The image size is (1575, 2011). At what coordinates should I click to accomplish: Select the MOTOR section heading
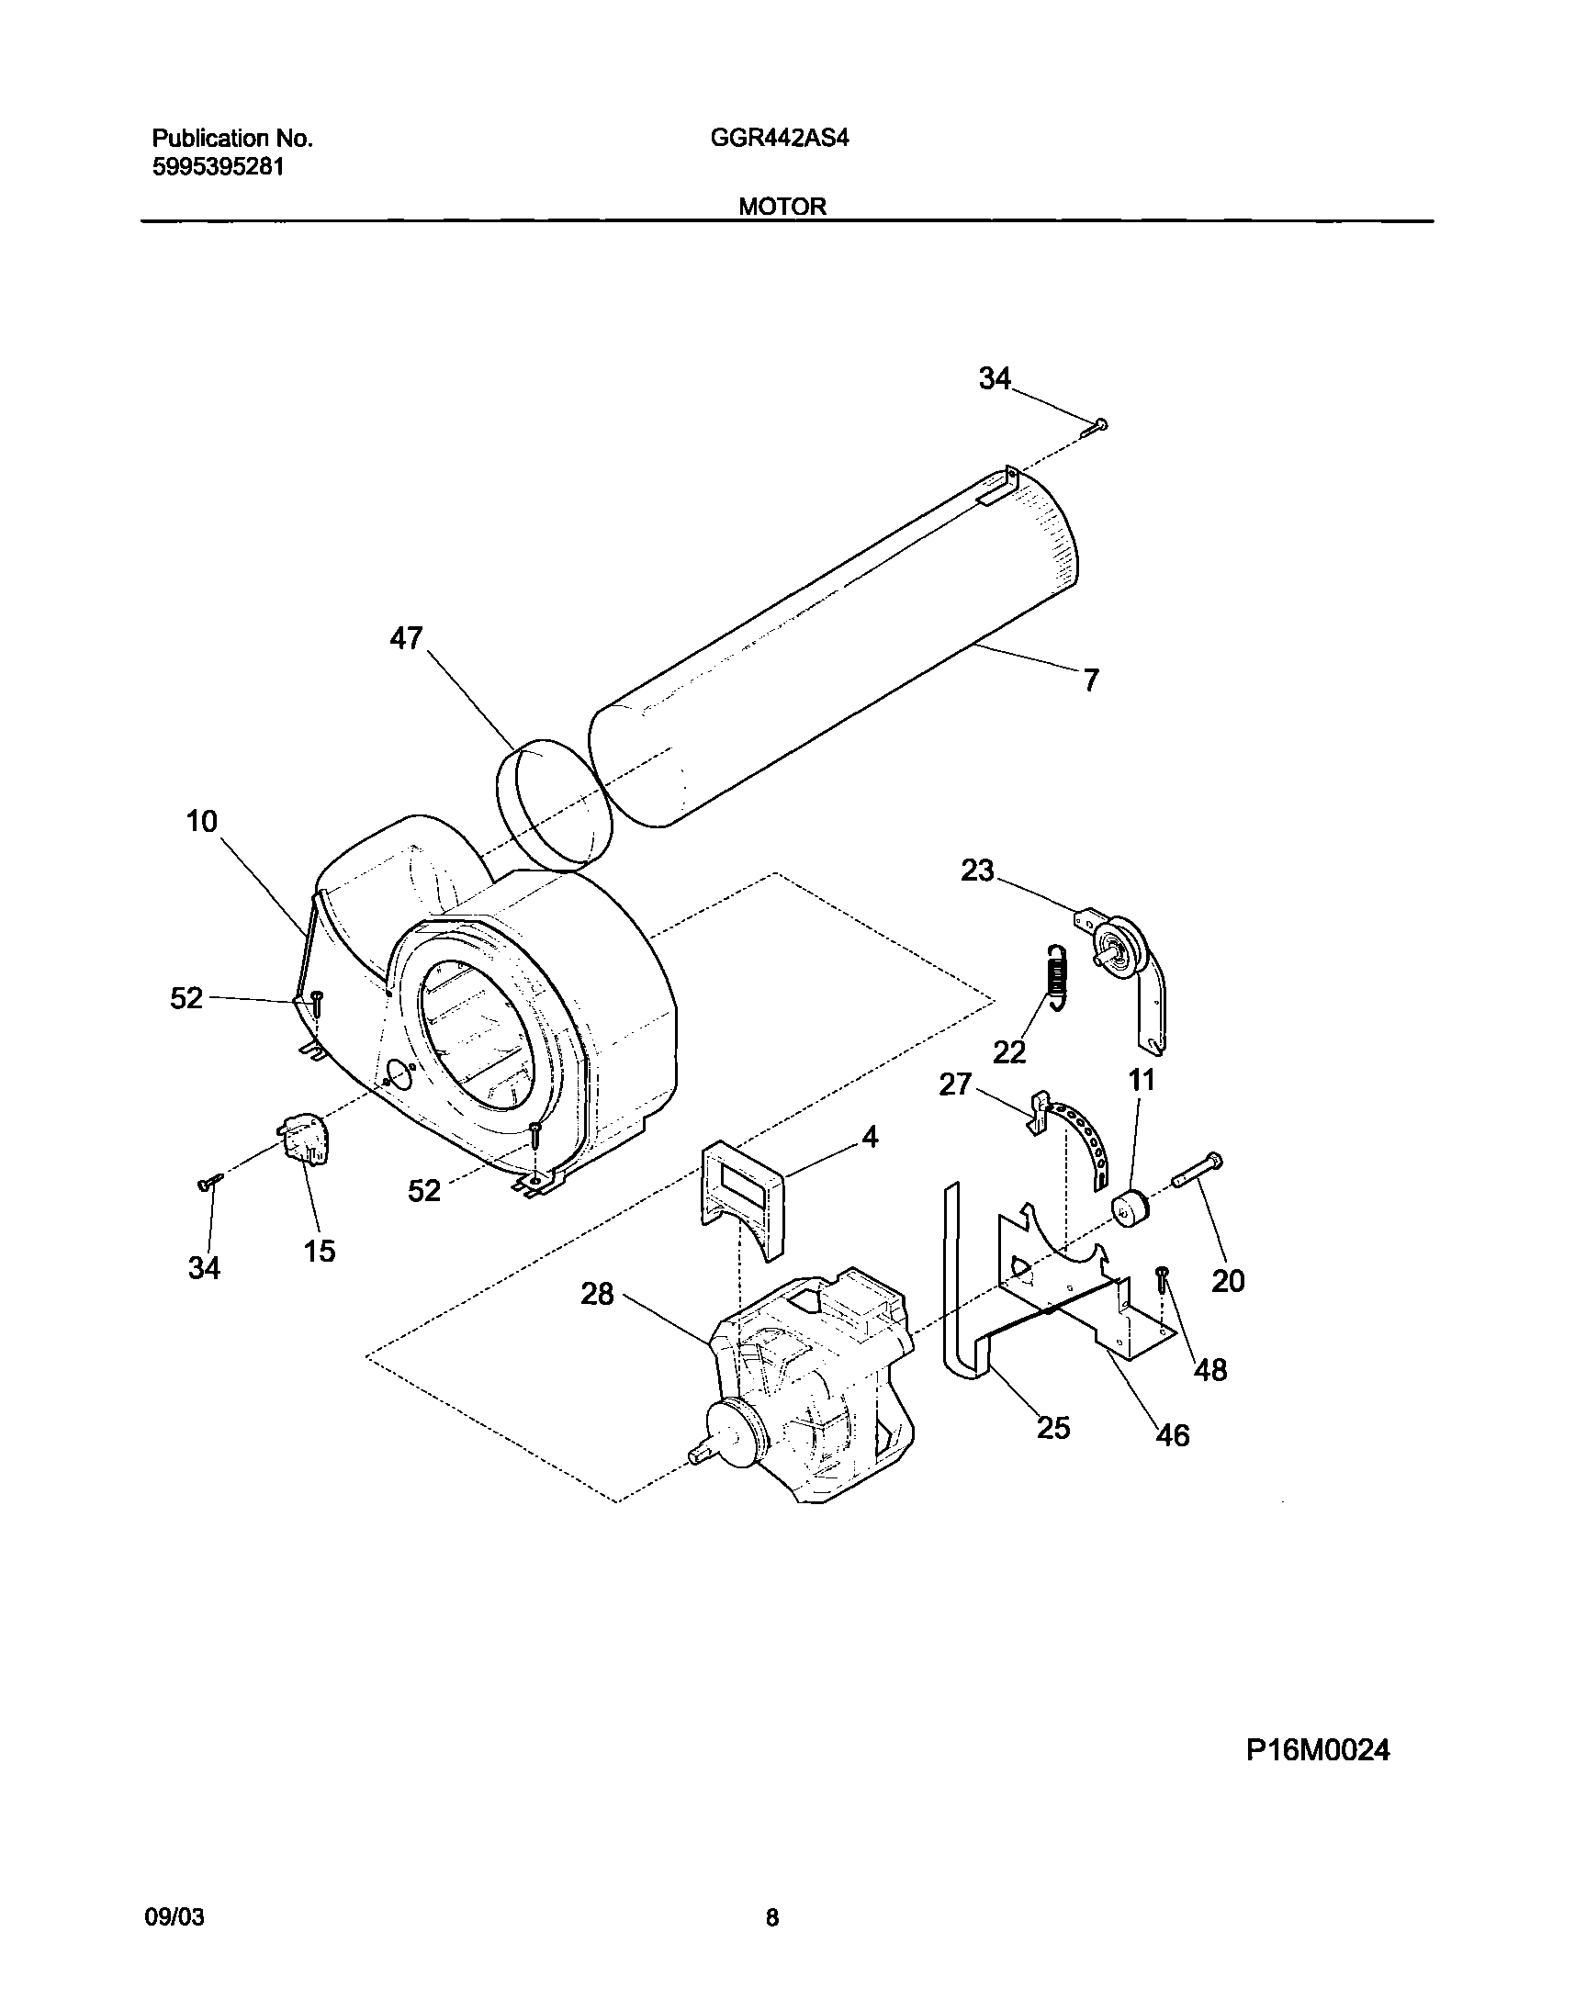pos(782,207)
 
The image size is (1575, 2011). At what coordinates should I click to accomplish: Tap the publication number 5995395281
pos(218,168)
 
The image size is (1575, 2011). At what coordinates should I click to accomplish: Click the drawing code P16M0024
pos(1318,1750)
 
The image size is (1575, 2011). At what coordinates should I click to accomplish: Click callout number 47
pos(406,638)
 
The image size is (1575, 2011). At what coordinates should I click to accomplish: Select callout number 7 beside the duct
pos(1091,680)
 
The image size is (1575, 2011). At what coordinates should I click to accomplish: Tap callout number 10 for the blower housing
pos(202,821)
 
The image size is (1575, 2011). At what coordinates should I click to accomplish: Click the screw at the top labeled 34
pos(1097,425)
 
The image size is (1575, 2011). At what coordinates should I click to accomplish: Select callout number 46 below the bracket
pos(1172,1434)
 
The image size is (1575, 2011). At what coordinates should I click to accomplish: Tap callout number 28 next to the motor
pos(597,1295)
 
